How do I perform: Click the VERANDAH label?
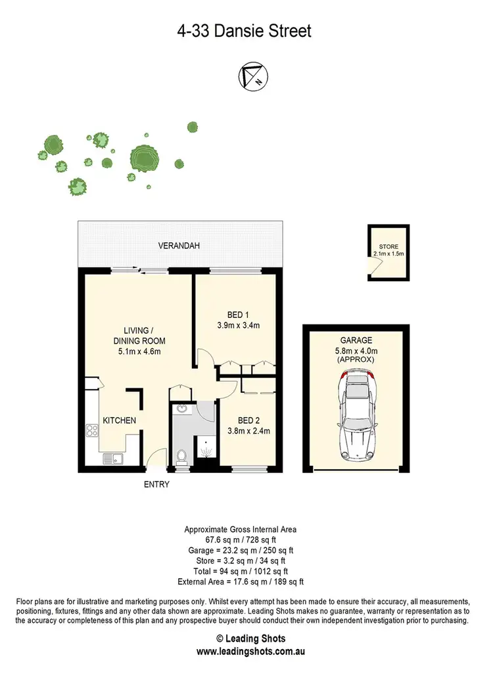coord(179,246)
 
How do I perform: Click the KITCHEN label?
coord(119,420)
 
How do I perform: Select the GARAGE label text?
coord(356,340)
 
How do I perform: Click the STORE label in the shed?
coord(388,247)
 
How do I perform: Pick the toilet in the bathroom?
coord(182,455)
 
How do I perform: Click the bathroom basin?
coord(181,411)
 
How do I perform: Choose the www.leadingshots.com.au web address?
coord(246,652)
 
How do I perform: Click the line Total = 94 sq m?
coord(241,572)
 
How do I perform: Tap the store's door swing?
coord(373,265)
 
